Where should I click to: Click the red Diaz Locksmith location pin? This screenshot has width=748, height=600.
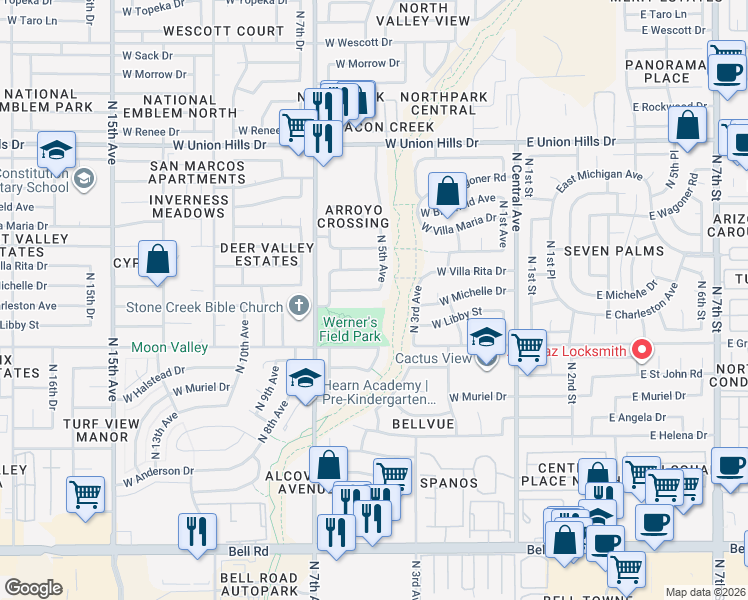[643, 350]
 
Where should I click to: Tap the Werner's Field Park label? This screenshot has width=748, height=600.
[348, 329]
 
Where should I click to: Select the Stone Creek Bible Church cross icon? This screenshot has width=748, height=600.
[298, 305]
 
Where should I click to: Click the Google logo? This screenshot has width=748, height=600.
[33, 588]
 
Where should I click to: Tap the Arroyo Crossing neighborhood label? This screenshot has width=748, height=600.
[353, 216]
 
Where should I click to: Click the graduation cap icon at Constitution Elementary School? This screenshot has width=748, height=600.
[56, 150]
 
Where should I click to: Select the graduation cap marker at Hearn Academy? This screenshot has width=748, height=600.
[305, 377]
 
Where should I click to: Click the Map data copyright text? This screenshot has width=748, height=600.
[704, 592]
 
